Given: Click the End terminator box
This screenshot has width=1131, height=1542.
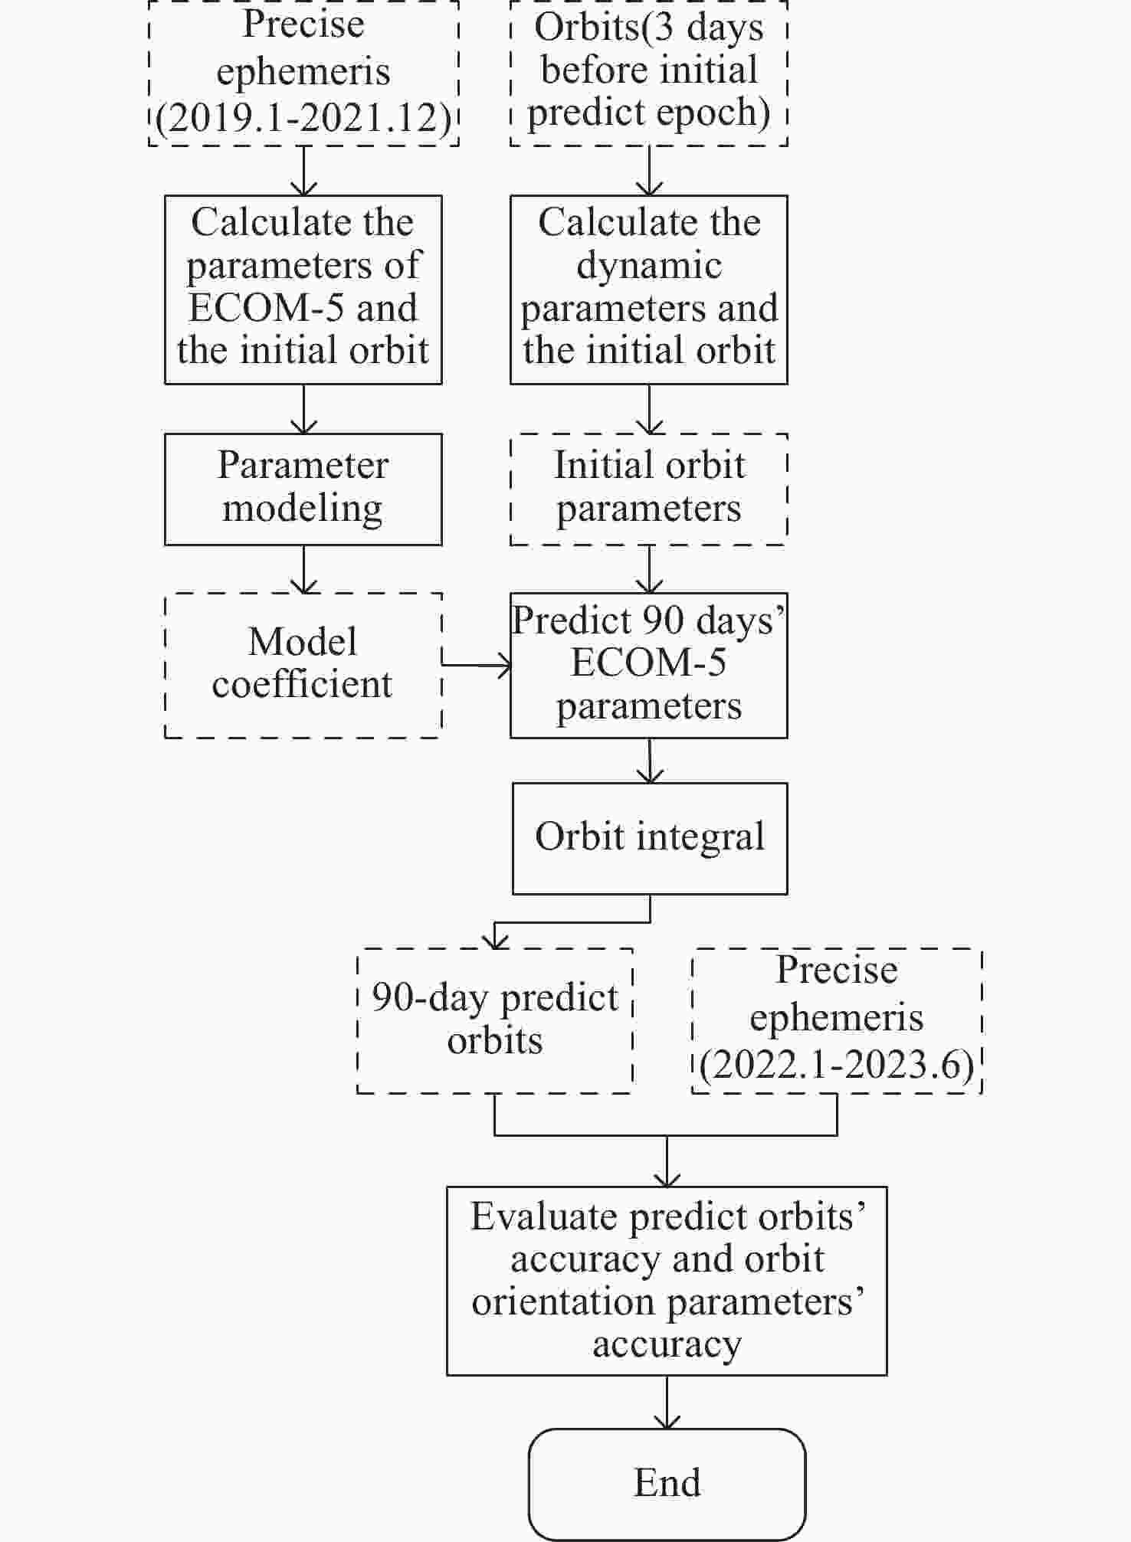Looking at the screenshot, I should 667,1483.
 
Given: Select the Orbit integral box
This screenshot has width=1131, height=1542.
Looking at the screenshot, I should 650,837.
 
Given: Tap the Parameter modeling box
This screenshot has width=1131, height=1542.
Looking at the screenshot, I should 303,489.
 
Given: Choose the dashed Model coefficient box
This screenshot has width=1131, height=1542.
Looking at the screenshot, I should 303,664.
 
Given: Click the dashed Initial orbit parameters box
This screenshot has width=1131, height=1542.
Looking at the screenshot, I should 649,489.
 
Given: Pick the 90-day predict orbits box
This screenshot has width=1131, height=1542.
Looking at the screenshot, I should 495,1020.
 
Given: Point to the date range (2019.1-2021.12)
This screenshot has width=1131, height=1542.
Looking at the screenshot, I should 303,119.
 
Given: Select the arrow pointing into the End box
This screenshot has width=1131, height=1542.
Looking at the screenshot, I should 667,1401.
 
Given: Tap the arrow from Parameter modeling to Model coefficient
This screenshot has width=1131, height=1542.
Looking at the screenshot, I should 304,569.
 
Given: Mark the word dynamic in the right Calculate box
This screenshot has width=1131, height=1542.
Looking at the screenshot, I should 649,266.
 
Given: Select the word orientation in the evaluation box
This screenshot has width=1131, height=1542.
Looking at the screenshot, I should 563,1301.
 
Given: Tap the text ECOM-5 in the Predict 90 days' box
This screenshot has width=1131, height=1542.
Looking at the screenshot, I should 649,663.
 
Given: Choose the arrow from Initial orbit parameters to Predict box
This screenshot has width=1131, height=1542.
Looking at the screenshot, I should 650,569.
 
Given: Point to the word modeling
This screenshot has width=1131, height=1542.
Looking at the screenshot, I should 303,509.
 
